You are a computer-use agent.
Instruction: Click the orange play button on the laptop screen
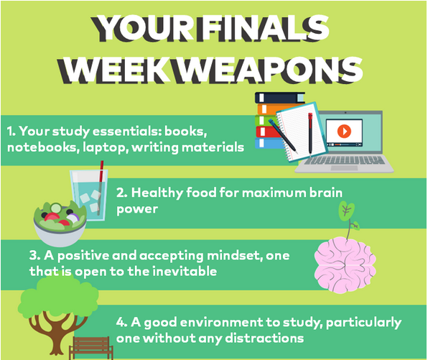[344, 131]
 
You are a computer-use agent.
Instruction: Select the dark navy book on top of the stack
[280, 98]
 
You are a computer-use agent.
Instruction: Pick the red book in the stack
[269, 131]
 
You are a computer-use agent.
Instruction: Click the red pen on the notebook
[310, 134]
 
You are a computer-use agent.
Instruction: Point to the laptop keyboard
[345, 160]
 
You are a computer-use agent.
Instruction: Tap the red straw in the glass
[101, 185]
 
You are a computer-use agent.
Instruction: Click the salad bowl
[60, 223]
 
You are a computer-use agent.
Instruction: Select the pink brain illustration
[345, 265]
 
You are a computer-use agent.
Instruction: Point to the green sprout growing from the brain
[348, 218]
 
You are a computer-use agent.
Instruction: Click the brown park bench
[91, 348]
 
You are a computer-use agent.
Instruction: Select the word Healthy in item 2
[157, 193]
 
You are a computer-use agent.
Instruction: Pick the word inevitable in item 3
[185, 272]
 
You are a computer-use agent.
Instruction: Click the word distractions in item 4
[264, 338]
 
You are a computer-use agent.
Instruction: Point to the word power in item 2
[137, 210]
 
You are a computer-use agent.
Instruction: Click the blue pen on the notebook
[282, 134]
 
